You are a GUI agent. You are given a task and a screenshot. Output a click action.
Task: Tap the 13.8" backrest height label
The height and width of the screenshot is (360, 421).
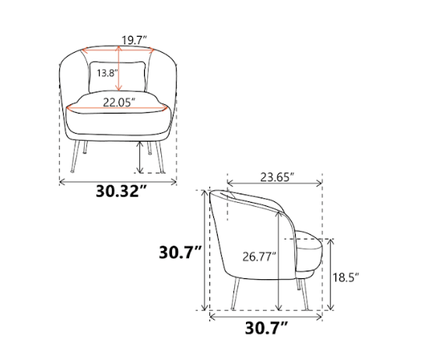(x=107, y=73)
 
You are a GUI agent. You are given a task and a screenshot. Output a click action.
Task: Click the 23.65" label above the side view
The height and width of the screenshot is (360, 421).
(x=275, y=177)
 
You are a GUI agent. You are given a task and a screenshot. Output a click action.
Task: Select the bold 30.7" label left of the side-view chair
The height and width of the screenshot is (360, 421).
(x=181, y=253)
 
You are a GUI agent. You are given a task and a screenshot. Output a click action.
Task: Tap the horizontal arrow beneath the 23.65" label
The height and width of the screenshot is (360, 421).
(x=275, y=185)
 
